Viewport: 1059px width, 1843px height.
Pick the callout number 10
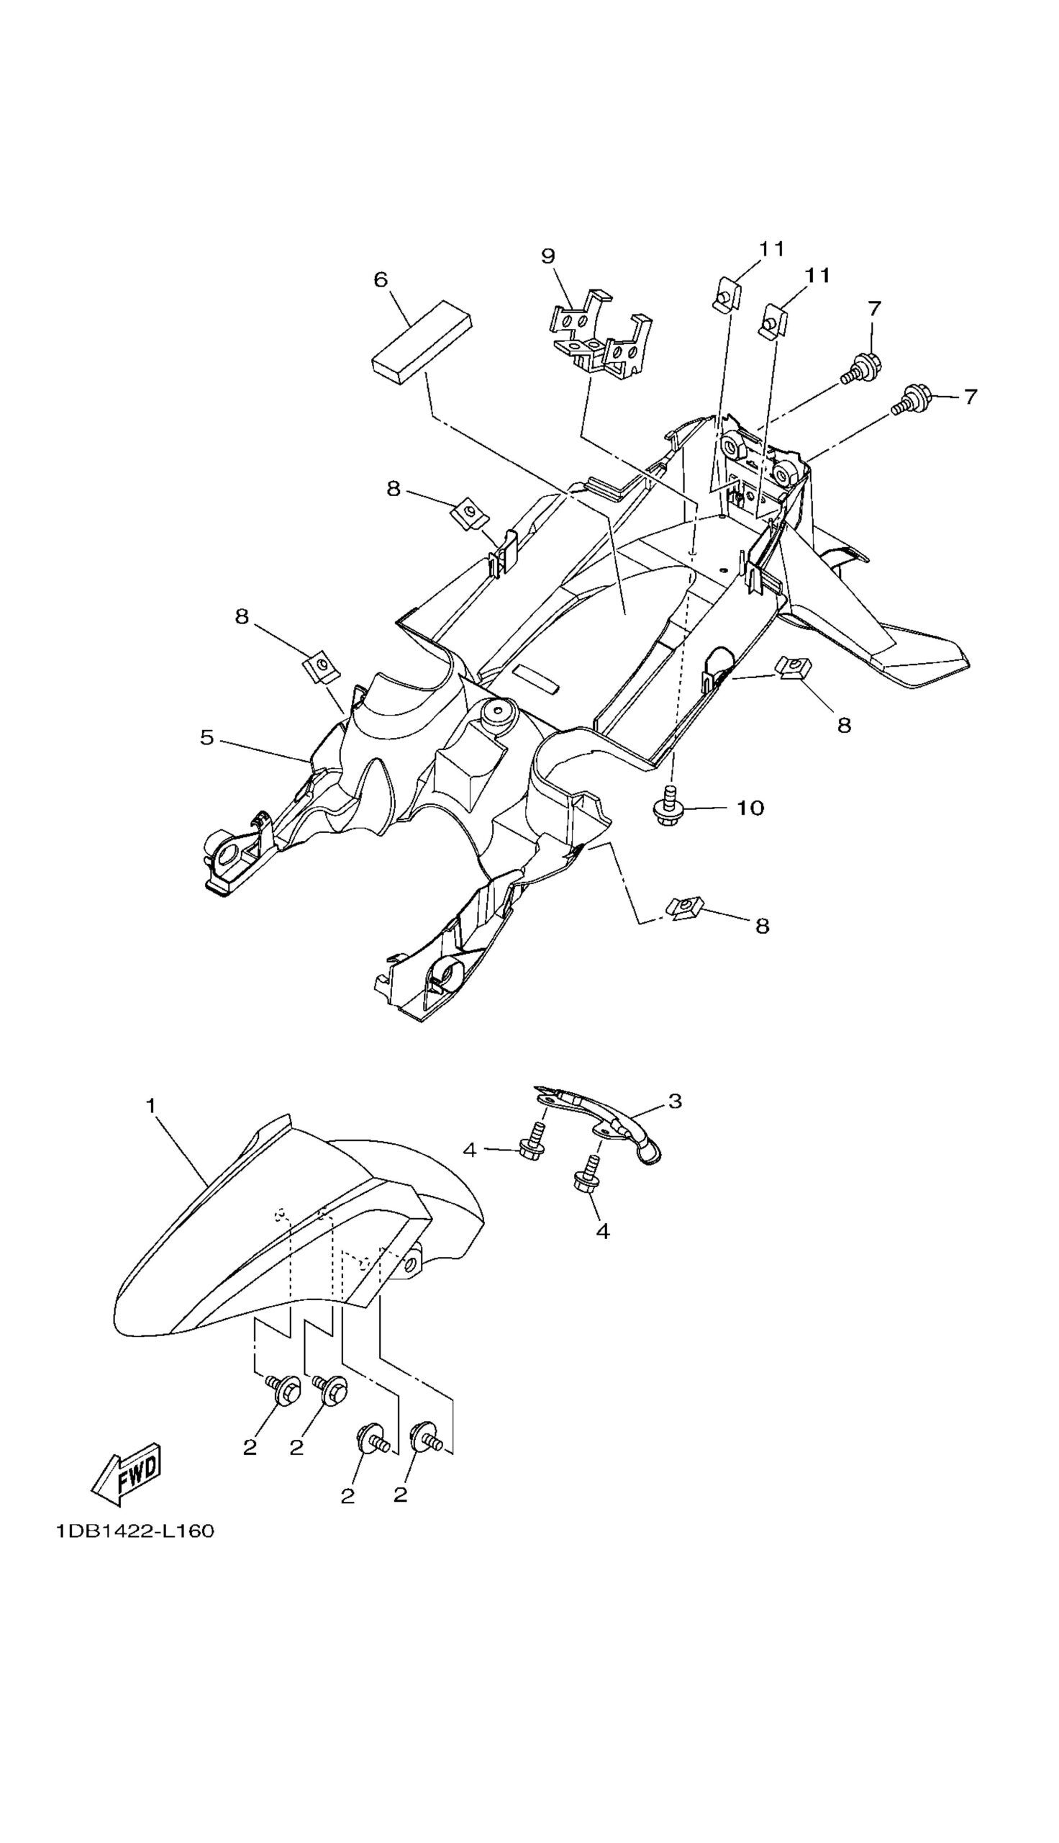tap(750, 808)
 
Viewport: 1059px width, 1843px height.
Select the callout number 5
tap(207, 738)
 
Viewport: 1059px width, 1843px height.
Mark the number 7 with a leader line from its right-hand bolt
tap(971, 397)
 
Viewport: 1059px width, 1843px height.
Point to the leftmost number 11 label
tap(772, 249)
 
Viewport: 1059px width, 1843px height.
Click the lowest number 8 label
tap(763, 926)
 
